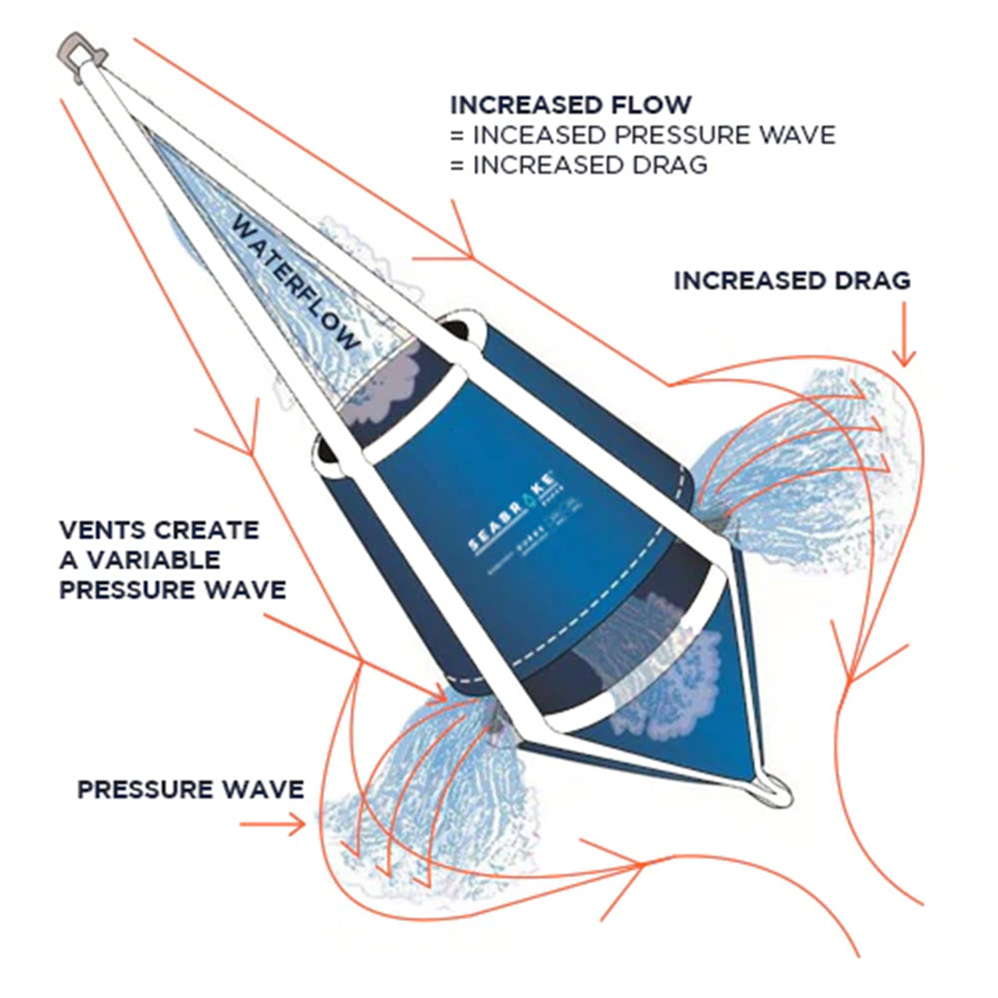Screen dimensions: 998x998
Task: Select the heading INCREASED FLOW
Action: [570, 105]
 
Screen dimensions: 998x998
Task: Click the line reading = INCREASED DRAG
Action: [578, 165]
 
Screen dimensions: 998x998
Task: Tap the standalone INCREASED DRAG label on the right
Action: [791, 280]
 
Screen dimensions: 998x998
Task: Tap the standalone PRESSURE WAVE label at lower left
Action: [191, 790]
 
